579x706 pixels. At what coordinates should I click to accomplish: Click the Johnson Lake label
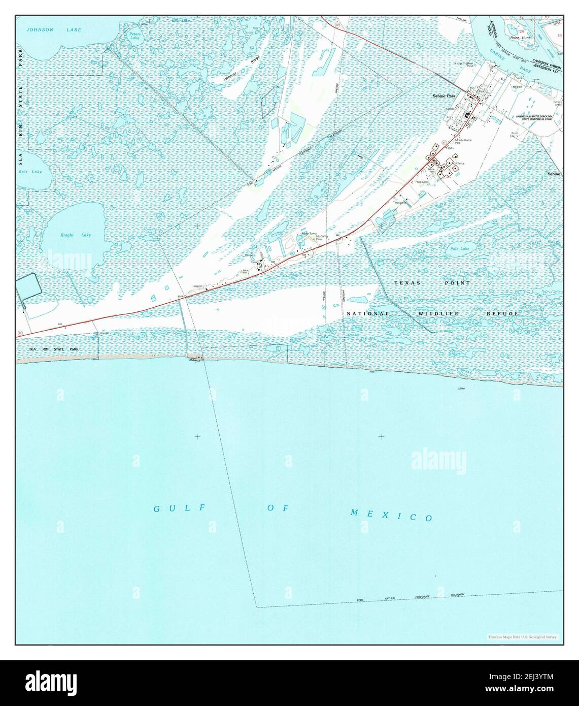[55, 30]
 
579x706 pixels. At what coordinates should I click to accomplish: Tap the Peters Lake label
[134, 36]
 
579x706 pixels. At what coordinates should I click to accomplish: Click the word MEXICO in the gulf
[392, 515]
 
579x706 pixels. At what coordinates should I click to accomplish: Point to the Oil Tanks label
[459, 163]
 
